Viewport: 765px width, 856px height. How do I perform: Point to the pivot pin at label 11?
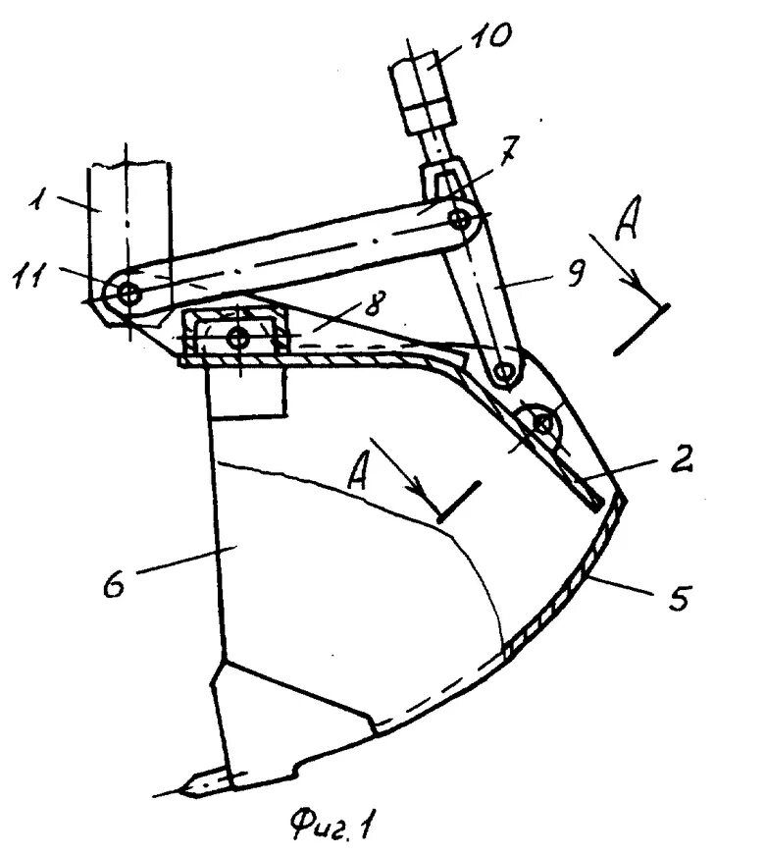(x=127, y=292)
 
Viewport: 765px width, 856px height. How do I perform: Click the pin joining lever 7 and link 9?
(x=459, y=219)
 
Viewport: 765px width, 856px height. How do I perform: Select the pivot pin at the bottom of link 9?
(x=505, y=371)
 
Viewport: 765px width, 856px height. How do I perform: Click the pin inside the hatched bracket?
(x=237, y=338)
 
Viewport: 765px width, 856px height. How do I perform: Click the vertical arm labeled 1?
(x=127, y=226)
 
